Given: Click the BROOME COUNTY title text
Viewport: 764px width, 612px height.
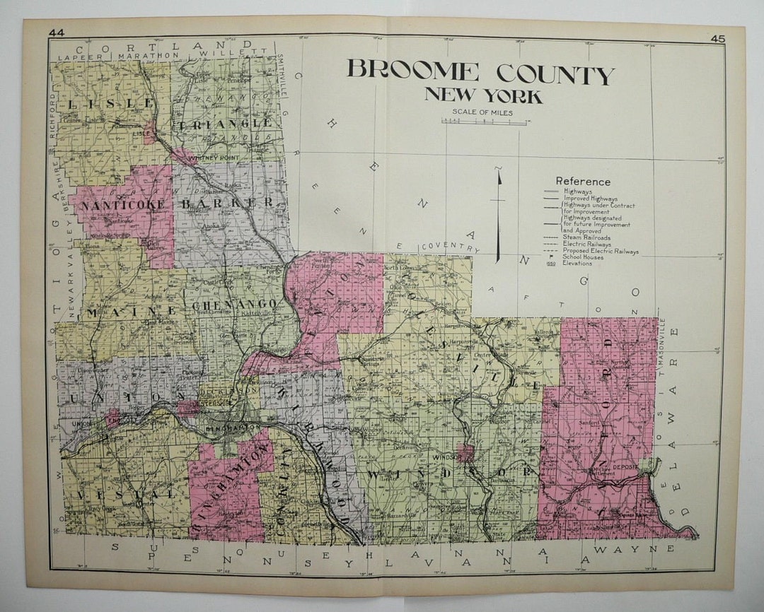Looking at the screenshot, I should [480, 73].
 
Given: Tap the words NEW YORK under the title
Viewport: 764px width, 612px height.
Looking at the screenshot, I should [483, 95].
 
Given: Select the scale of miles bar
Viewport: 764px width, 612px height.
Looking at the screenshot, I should [484, 122].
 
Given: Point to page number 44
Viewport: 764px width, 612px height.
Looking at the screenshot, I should [57, 32].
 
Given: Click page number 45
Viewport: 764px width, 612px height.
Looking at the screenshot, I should [718, 40].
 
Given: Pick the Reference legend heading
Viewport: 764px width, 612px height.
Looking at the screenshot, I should [583, 182].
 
